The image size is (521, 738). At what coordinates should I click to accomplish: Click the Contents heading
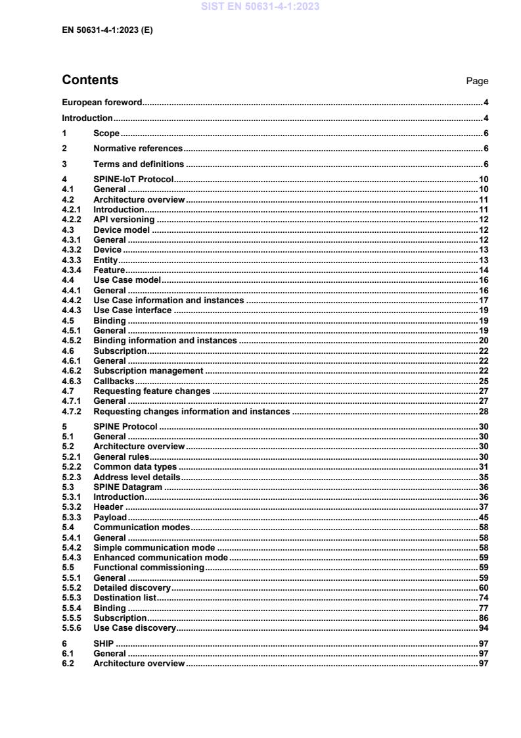coord(90,80)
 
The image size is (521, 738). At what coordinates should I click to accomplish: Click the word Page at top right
coord(477,81)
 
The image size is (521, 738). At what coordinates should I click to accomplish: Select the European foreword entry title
coord(102,103)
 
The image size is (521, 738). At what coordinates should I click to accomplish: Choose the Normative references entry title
coord(138,149)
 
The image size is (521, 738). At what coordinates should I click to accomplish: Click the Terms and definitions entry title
coord(139,164)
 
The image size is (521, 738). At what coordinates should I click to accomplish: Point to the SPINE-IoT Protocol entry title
coord(133,180)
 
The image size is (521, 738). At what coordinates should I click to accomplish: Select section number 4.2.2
coord(71,220)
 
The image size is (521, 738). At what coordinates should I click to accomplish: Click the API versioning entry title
coord(124,220)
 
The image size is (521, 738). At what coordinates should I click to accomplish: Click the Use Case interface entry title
coord(133,310)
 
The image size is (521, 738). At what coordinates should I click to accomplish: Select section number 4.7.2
coord(71,411)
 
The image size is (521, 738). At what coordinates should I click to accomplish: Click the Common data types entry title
coord(135,467)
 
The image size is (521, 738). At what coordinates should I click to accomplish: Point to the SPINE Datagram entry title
coord(128,487)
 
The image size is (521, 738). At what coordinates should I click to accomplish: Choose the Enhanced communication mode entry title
coord(160,557)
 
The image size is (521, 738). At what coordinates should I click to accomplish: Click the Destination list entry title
coord(124,598)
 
